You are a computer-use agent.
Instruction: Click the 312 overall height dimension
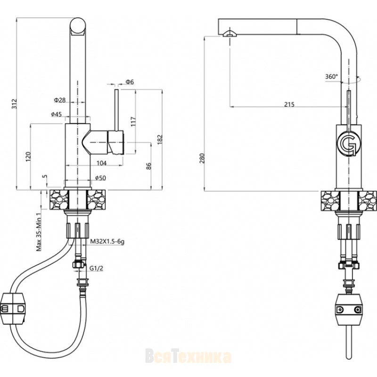15,104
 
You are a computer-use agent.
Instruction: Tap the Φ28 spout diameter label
60,100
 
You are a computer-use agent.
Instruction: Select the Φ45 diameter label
57,114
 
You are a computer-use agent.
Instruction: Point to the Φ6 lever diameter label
129,82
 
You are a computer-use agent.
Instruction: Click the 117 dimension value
133,122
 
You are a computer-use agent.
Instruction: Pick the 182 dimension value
160,139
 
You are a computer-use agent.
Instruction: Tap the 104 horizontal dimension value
101,163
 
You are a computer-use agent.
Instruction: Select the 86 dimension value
149,166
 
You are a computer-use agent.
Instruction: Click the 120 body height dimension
28,156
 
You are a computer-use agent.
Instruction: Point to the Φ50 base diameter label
100,178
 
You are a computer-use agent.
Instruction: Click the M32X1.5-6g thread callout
107,241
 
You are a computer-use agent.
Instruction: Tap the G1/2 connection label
96,268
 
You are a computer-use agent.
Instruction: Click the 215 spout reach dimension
289,104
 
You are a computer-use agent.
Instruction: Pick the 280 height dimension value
202,158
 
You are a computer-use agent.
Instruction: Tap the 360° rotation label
332,76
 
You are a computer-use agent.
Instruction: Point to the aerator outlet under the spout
230,34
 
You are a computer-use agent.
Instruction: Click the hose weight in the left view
13,309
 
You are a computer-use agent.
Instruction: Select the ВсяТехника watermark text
188,357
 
